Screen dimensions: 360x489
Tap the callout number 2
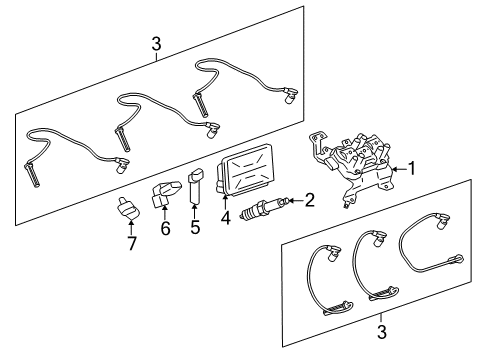point(309,201)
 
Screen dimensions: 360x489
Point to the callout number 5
point(195,228)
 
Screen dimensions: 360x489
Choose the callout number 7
point(130,243)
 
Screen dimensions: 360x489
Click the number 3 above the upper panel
point(156,43)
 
